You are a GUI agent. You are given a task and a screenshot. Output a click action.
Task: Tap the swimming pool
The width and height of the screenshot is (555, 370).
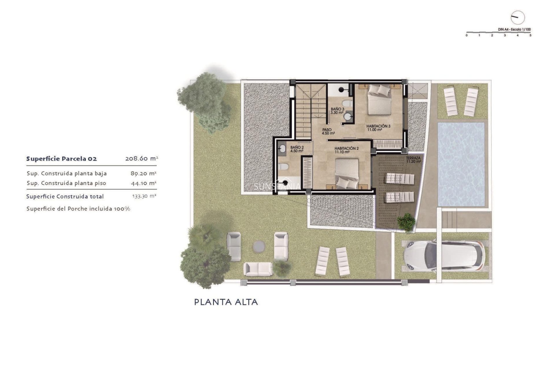point(461,164)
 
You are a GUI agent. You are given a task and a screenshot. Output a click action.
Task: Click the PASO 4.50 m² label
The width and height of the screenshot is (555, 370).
point(328,132)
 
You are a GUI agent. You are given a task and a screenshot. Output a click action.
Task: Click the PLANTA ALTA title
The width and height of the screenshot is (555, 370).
point(226,302)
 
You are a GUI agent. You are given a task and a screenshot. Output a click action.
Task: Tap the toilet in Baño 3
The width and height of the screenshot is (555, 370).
point(347,103)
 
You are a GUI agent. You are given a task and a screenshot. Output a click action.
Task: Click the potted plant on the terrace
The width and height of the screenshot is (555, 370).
point(406,222)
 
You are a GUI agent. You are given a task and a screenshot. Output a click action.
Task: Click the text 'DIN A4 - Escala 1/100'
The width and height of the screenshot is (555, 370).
point(514,29)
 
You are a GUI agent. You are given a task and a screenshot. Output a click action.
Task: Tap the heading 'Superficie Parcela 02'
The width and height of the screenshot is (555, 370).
point(62,159)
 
